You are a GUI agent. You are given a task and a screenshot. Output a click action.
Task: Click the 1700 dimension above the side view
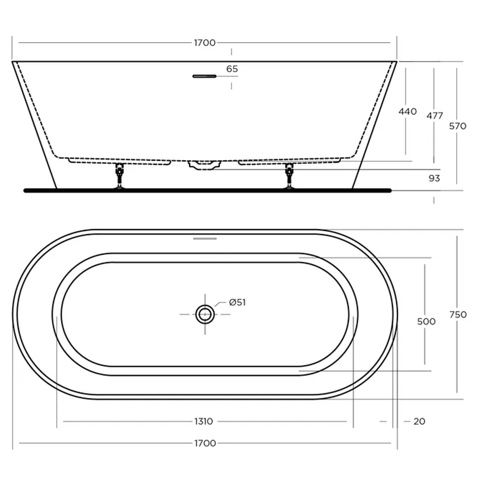(204, 43)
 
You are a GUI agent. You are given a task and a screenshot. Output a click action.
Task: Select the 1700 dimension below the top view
(205, 443)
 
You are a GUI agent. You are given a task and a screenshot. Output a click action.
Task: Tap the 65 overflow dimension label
(232, 69)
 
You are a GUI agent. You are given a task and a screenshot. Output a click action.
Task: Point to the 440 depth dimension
(408, 112)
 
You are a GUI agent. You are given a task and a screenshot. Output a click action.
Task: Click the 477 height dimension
(434, 116)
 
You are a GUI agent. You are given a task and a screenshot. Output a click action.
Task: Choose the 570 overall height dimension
(457, 126)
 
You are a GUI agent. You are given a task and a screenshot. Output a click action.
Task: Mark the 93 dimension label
(434, 178)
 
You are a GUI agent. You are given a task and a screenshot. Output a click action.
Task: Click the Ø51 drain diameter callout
(237, 303)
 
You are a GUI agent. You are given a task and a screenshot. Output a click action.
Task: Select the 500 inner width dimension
(426, 321)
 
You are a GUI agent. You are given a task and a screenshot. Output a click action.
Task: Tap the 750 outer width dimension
(458, 315)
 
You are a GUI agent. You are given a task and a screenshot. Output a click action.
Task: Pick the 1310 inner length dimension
(203, 421)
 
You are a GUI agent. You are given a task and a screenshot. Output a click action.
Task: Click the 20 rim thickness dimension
(419, 421)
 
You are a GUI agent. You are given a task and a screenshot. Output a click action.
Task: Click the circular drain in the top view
(205, 314)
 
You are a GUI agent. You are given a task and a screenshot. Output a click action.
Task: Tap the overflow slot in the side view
(204, 76)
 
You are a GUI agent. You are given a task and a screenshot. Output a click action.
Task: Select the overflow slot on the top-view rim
(205, 239)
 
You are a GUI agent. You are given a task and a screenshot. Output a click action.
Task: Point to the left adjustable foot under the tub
(119, 176)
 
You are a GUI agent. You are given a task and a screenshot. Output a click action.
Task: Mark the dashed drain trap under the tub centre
(204, 165)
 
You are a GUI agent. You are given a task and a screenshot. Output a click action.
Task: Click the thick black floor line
(207, 191)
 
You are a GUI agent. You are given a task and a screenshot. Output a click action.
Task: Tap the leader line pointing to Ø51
(219, 304)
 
